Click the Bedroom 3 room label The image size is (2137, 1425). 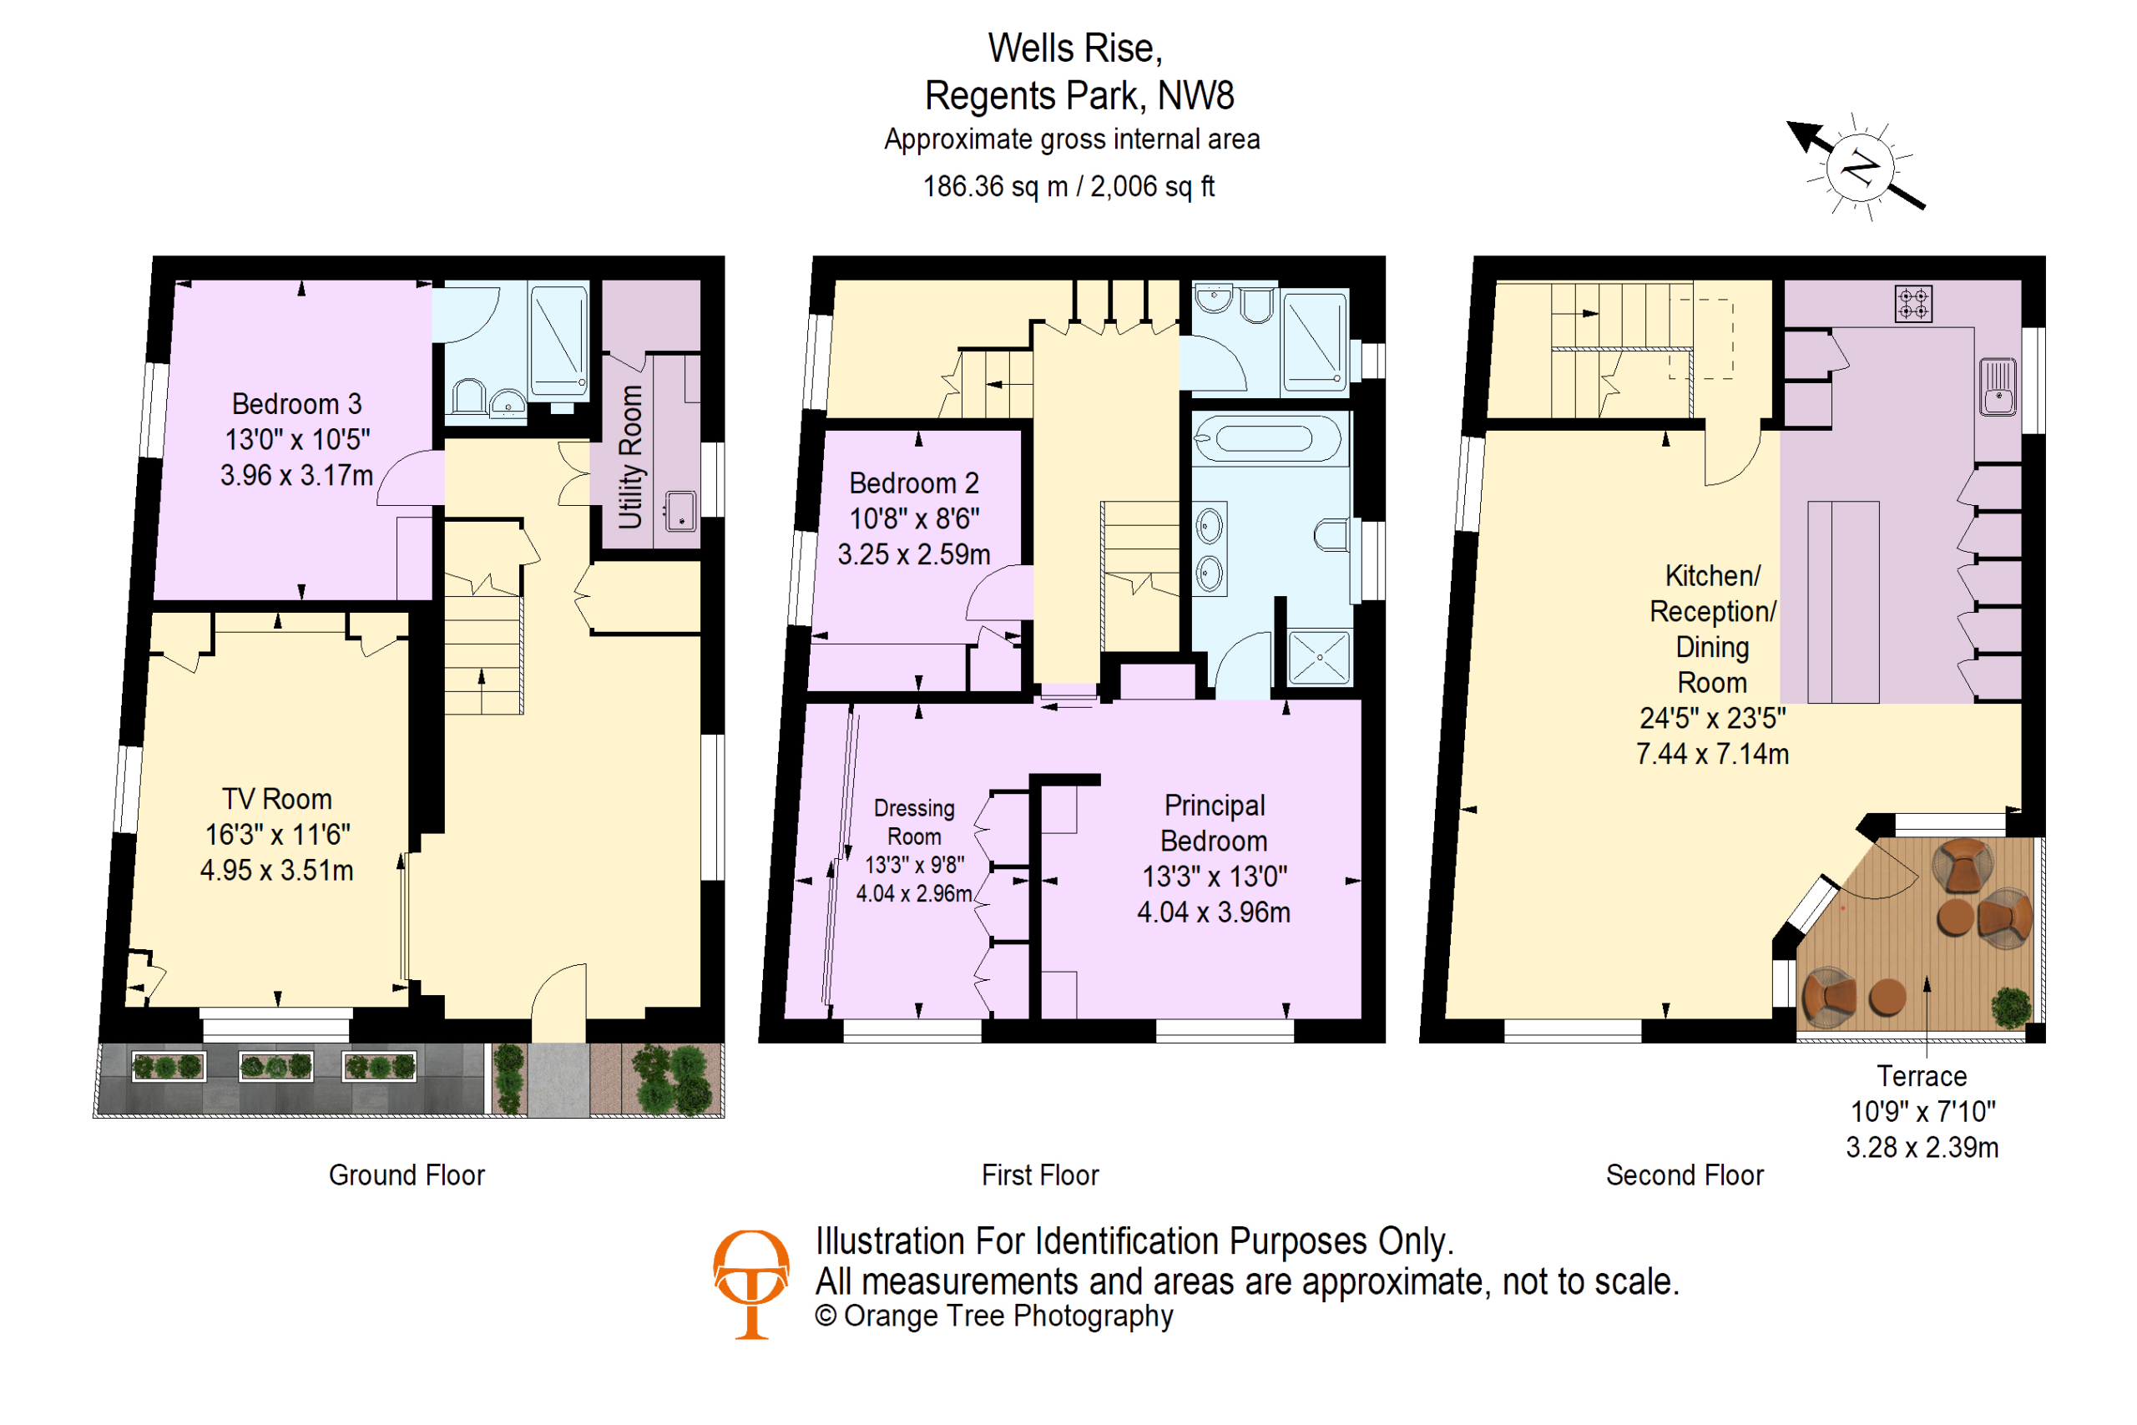(296, 440)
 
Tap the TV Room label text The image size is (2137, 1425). (277, 835)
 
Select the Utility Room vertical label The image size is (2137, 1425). (630, 457)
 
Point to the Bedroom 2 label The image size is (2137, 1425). (914, 519)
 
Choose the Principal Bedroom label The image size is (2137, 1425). (1214, 859)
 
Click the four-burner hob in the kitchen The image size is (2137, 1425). (1913, 304)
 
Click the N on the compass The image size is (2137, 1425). (1860, 168)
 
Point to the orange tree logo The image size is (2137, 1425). (751, 1284)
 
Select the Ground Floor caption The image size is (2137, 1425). (407, 1176)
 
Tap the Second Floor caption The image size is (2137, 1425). (1685, 1176)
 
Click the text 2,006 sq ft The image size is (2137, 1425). (1152, 187)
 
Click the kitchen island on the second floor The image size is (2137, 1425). (1842, 603)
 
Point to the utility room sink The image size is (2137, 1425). (679, 511)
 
